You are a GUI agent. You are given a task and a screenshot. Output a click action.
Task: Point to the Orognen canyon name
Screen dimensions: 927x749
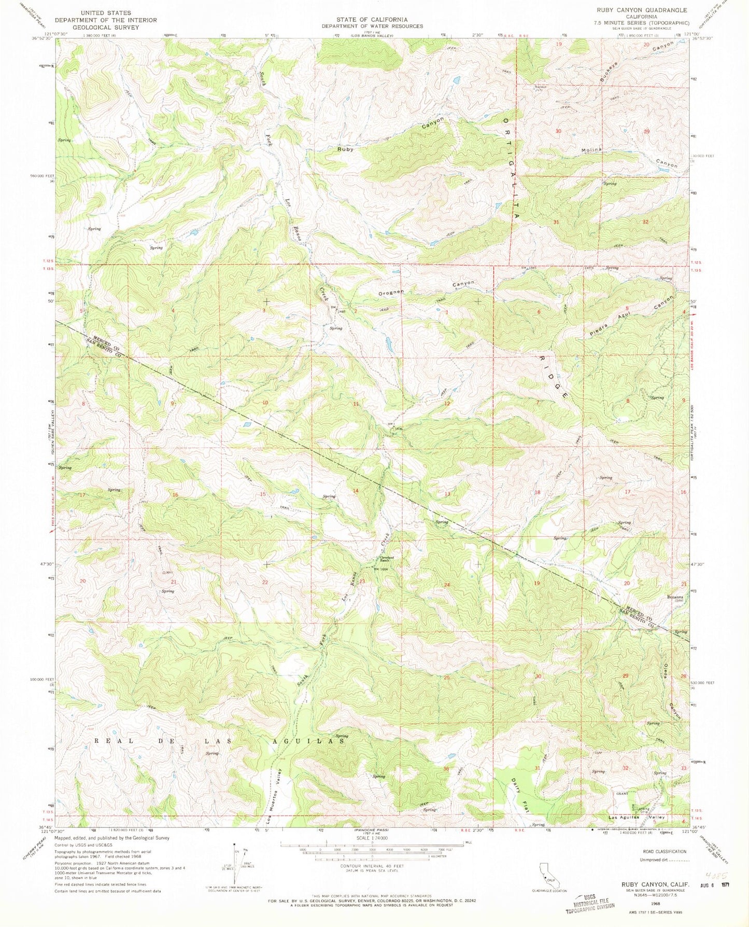pyautogui.click(x=391, y=293)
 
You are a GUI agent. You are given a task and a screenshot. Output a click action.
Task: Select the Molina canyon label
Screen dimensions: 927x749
pyautogui.click(x=591, y=150)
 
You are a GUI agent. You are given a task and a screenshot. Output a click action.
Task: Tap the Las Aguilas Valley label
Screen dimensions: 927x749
pyautogui.click(x=636, y=817)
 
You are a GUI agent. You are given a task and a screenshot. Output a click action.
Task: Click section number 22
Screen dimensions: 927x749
pyautogui.click(x=265, y=583)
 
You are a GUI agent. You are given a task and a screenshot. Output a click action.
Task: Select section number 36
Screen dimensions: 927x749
pyautogui.click(x=446, y=769)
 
